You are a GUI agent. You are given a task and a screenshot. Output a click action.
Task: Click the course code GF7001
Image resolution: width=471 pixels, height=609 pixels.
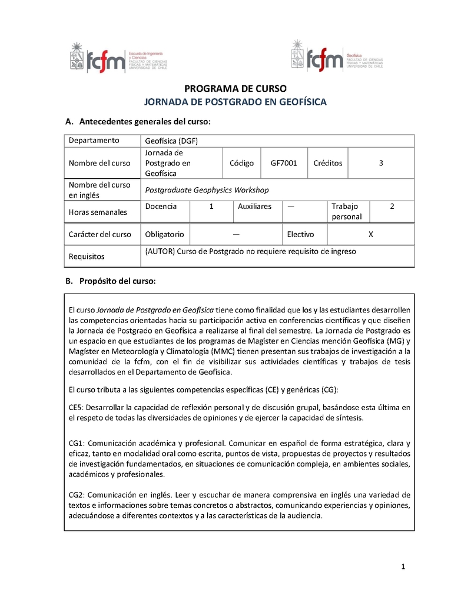tap(284, 163)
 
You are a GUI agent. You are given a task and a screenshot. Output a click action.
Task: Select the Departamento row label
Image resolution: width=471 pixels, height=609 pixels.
tap(94, 140)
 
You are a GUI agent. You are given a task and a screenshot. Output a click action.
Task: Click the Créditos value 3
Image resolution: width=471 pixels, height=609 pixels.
tap(381, 163)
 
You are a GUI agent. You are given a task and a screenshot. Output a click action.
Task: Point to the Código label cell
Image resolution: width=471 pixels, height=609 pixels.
tap(241, 163)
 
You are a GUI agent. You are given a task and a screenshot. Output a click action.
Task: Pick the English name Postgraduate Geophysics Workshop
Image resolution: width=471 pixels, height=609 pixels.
tap(207, 190)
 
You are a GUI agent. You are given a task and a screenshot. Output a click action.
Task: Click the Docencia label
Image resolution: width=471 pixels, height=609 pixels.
tap(161, 207)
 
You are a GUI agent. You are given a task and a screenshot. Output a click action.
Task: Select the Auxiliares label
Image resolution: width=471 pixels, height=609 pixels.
tap(254, 207)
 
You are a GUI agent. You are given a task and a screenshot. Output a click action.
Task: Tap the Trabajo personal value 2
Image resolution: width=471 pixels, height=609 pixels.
tap(392, 207)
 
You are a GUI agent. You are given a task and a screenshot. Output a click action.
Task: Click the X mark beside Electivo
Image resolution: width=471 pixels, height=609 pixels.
tap(370, 234)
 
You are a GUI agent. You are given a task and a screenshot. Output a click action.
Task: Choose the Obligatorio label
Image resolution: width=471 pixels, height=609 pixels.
tap(164, 234)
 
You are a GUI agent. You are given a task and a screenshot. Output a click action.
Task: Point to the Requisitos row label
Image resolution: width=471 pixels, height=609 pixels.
tap(87, 257)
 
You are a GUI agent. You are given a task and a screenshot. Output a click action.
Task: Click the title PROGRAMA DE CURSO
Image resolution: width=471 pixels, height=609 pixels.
tap(235, 89)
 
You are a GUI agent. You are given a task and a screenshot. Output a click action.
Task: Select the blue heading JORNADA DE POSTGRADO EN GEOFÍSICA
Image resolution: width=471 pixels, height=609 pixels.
tap(235, 102)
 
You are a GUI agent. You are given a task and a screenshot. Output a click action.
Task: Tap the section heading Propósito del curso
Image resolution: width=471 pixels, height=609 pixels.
tap(118, 281)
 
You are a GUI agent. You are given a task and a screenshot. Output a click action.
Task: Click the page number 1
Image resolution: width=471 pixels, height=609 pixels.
tap(403, 567)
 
